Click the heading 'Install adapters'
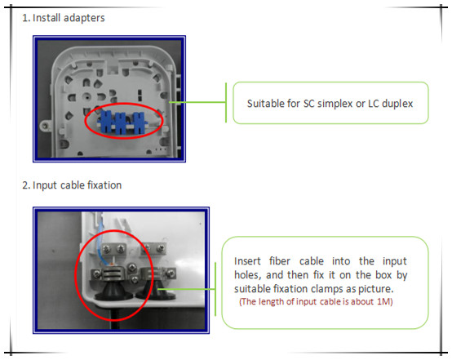click(x=69, y=18)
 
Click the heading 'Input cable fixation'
click(x=77, y=185)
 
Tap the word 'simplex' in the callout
click(x=335, y=104)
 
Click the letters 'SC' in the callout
click(x=308, y=104)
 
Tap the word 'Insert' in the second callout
click(x=247, y=261)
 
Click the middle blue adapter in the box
click(x=121, y=123)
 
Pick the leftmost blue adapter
click(x=106, y=121)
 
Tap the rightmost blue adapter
click(x=139, y=122)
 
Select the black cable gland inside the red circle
click(x=113, y=291)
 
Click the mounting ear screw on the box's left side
click(x=45, y=126)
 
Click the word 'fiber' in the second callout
click(x=280, y=261)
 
